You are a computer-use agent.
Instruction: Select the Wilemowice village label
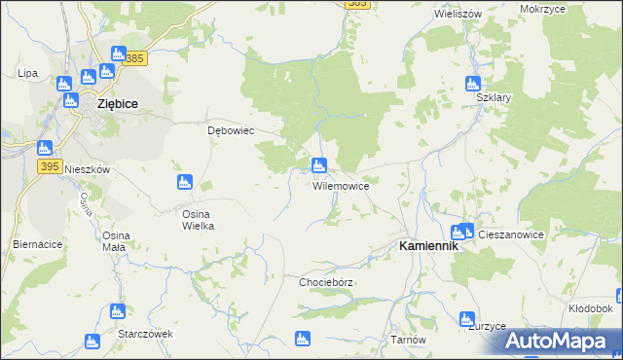tap(340, 185)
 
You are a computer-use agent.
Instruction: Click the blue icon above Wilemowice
tap(318, 165)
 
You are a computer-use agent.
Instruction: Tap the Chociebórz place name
tap(326, 282)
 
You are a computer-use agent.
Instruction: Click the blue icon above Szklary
tap(473, 84)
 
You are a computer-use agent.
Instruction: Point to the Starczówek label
tap(145, 333)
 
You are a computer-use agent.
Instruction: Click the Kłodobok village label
tap(590, 307)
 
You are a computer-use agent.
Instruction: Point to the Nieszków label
tap(84, 168)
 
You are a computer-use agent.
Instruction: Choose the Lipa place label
tap(27, 73)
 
